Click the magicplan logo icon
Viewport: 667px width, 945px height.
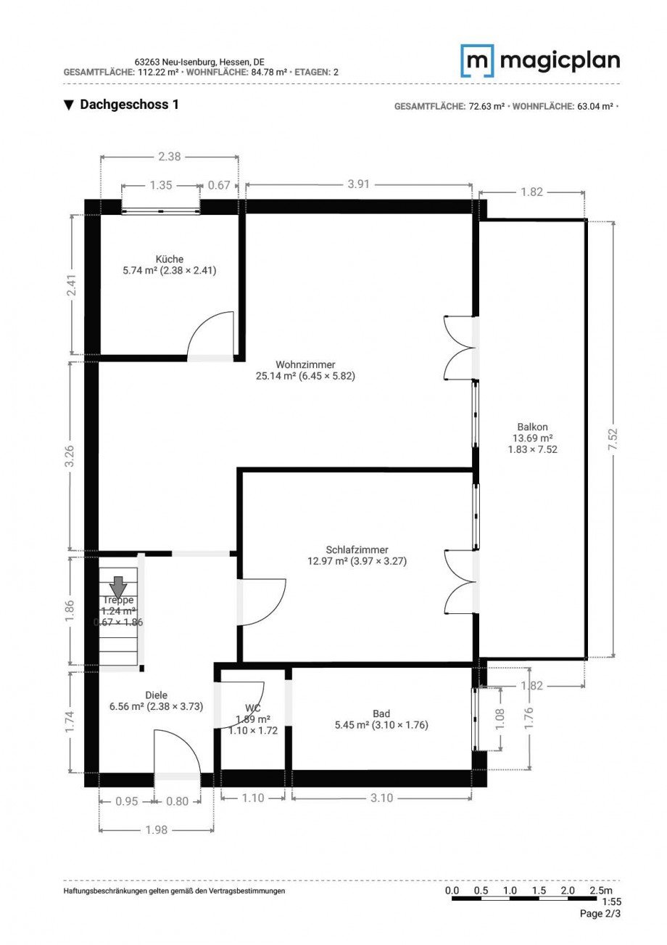tap(477, 61)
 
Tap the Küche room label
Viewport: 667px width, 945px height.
tap(169, 259)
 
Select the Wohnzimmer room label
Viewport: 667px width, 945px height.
tap(305, 364)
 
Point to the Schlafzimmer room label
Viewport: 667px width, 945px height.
tap(357, 550)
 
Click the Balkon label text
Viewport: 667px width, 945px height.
tap(532, 427)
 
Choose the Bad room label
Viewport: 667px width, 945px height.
tap(381, 713)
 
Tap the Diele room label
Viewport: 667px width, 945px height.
tap(156, 695)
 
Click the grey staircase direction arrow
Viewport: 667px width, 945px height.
tap(118, 585)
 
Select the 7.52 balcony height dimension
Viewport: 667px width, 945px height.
tap(613, 438)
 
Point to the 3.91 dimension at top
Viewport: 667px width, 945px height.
tap(358, 184)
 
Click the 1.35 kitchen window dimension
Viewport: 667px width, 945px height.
tap(161, 185)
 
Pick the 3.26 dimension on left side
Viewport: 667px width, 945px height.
tap(70, 455)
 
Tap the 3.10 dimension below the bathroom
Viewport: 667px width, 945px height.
tap(381, 798)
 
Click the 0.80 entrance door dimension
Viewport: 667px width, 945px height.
tap(177, 801)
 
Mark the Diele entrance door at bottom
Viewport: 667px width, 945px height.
tap(177, 755)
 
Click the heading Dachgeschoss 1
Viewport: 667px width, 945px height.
tap(129, 105)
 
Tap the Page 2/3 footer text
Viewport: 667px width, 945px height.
tap(600, 914)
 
